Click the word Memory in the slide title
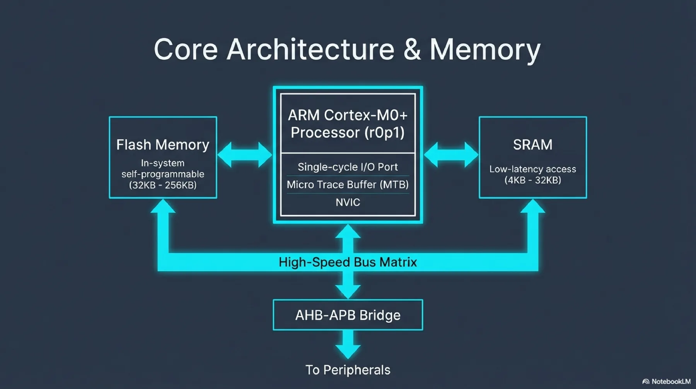(x=485, y=50)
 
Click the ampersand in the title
(x=412, y=50)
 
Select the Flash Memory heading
(x=163, y=145)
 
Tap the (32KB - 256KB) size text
(x=163, y=185)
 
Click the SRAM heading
(x=532, y=145)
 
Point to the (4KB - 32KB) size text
(x=532, y=180)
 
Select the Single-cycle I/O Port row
(x=348, y=167)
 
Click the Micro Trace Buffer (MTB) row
(x=348, y=185)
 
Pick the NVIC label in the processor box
(x=348, y=202)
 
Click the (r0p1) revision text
(x=384, y=133)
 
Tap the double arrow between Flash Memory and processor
(x=245, y=154)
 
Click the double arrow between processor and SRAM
(x=451, y=154)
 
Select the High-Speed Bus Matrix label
(x=348, y=262)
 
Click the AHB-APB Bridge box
(x=348, y=315)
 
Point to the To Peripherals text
(x=348, y=370)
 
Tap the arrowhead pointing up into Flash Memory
(x=163, y=207)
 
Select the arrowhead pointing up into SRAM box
(x=532, y=207)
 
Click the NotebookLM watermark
(x=667, y=382)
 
